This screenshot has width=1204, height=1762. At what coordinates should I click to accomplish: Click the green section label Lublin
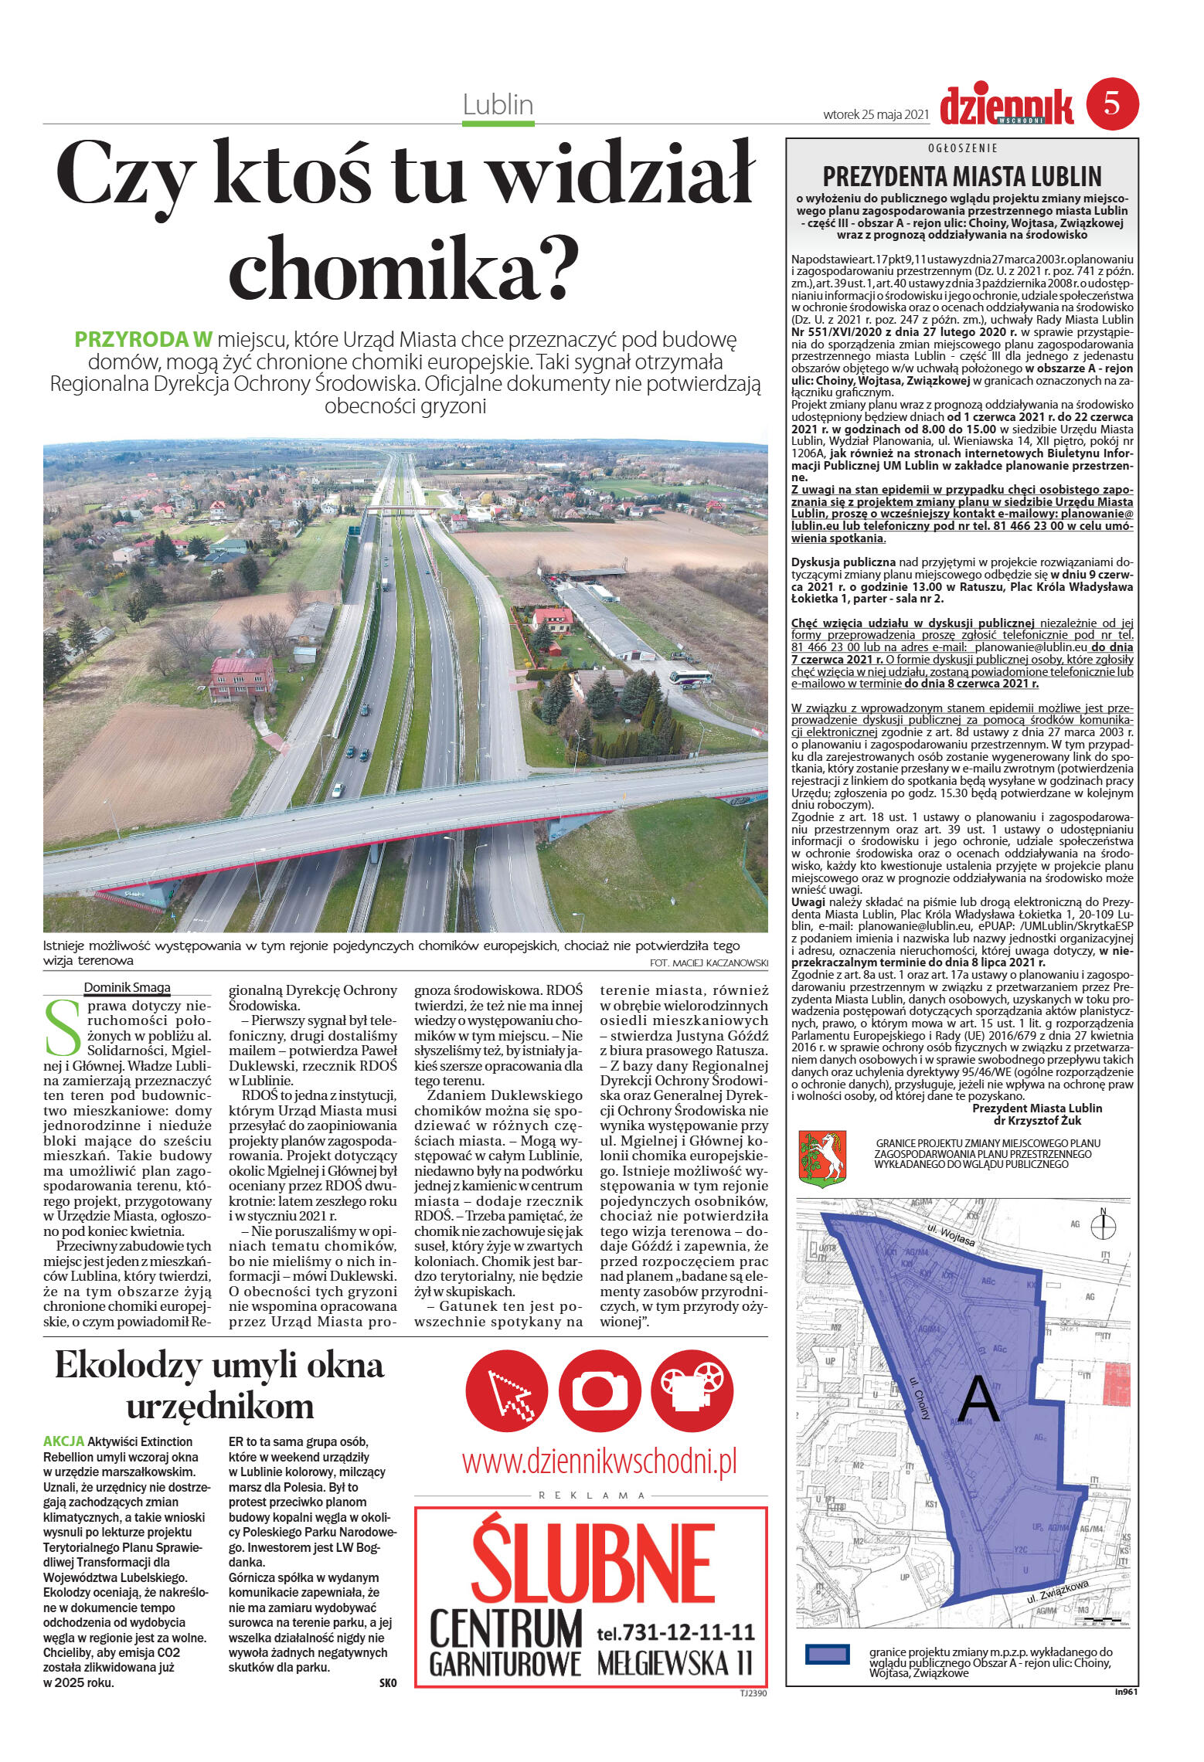(x=498, y=104)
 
